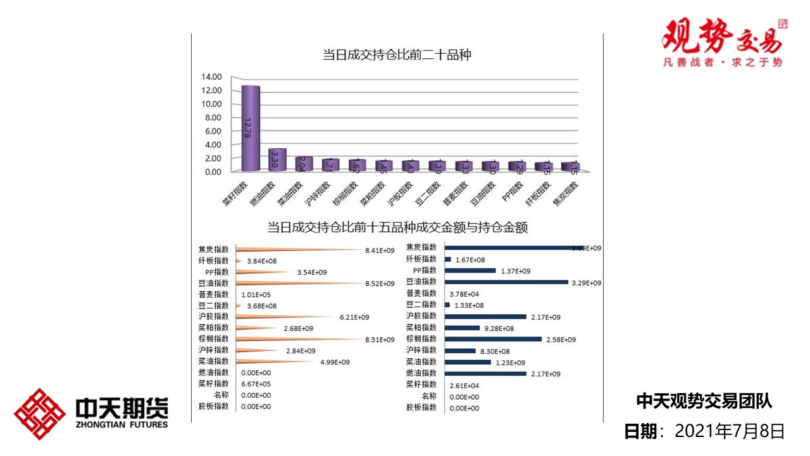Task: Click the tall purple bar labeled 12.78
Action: point(251,128)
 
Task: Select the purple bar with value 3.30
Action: point(277,160)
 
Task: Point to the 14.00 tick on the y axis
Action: point(211,77)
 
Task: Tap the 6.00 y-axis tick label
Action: point(211,131)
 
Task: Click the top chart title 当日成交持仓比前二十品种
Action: point(397,55)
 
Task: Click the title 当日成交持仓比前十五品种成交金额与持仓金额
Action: point(397,227)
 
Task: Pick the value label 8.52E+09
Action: point(380,284)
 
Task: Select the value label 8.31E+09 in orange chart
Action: point(380,339)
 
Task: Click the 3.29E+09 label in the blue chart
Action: point(586,283)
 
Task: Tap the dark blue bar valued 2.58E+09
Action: point(493,339)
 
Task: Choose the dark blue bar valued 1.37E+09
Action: point(470,270)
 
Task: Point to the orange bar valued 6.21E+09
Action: point(285,317)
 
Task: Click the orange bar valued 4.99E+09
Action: point(278,362)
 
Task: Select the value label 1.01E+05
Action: point(256,294)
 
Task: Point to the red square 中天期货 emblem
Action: point(40,414)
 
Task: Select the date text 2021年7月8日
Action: point(730,431)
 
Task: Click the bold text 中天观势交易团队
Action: point(704,401)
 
